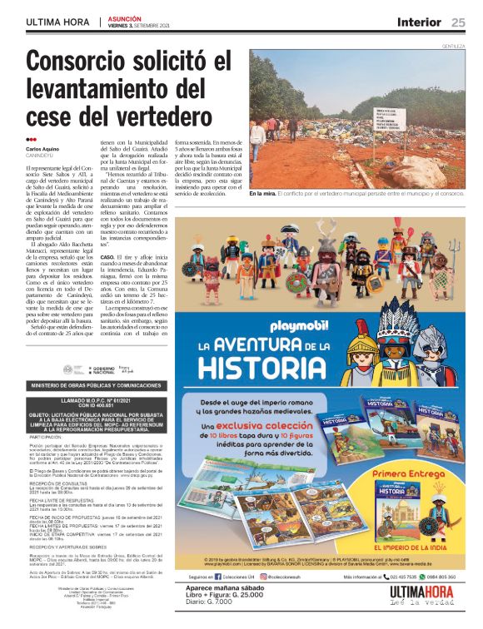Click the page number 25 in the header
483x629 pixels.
pos(459,22)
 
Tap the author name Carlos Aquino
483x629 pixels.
pos(42,148)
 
